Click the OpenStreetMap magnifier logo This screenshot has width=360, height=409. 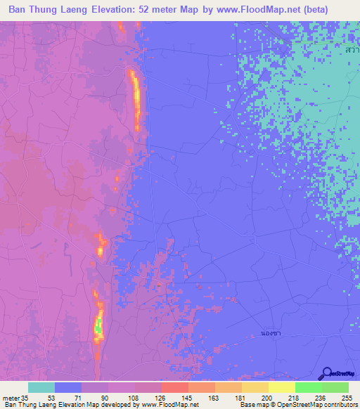326,373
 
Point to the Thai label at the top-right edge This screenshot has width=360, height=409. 352,51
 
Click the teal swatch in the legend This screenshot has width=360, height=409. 41,387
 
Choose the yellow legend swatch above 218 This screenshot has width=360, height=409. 281,387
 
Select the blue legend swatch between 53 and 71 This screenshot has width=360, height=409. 68,387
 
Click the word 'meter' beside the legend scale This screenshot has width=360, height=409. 11,398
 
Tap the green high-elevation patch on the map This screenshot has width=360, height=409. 98,325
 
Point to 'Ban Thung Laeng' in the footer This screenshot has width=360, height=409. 26,405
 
